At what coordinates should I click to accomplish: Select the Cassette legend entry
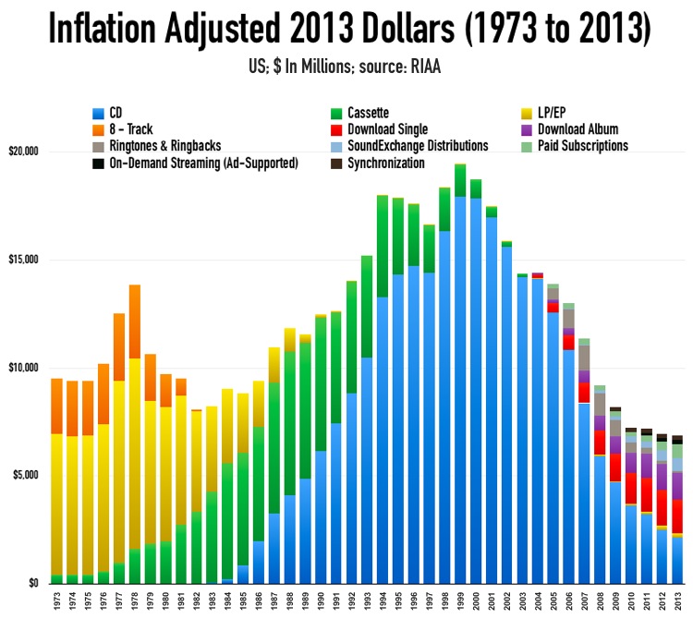coord(364,114)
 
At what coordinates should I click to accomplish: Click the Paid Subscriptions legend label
coord(582,146)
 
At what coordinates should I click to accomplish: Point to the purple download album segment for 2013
coord(677,486)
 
